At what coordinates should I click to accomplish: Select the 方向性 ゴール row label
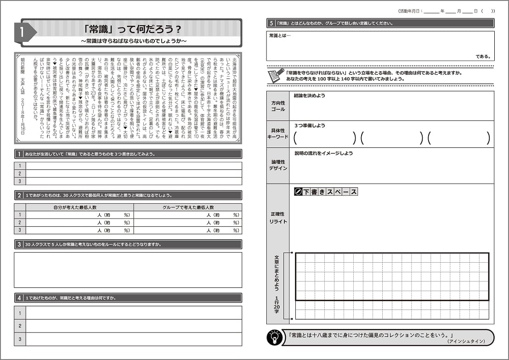pyautogui.click(x=277, y=106)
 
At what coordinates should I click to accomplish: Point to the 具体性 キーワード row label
pyautogui.click(x=277, y=134)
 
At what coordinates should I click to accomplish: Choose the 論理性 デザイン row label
pyautogui.click(x=277, y=165)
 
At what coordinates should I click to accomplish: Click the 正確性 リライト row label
pyautogui.click(x=277, y=218)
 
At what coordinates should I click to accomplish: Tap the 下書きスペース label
pyautogui.click(x=326, y=192)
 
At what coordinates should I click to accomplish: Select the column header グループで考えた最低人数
pyautogui.click(x=187, y=208)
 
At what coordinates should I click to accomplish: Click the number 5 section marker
pyautogui.click(x=271, y=23)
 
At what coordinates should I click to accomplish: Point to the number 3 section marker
pyautogui.click(x=19, y=244)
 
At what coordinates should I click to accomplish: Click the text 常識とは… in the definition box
pyautogui.click(x=280, y=35)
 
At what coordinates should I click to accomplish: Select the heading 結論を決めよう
pyautogui.click(x=309, y=96)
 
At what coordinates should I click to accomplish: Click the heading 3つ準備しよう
pyautogui.click(x=310, y=125)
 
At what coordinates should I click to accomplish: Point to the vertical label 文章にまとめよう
pyautogui.click(x=277, y=273)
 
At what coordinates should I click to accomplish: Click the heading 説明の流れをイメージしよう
pyautogui.click(x=323, y=153)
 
